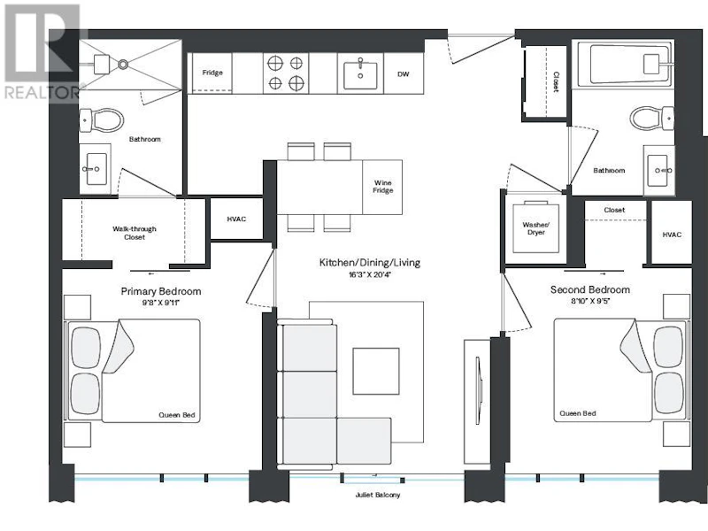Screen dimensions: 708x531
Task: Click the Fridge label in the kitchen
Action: click(212, 73)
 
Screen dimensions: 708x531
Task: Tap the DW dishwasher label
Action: click(404, 74)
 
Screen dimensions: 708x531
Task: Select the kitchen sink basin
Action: click(360, 76)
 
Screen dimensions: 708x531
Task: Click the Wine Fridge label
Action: click(382, 187)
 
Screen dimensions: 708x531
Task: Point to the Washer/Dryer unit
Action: click(535, 228)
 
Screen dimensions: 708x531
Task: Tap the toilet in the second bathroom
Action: click(652, 119)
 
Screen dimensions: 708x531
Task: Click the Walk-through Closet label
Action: click(135, 233)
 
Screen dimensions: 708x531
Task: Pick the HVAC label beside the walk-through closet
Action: click(236, 219)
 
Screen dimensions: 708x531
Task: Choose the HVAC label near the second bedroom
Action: click(672, 235)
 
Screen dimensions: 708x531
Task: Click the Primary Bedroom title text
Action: click(161, 291)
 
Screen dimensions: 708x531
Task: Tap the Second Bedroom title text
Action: click(590, 289)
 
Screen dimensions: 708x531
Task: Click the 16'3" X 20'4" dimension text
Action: click(369, 274)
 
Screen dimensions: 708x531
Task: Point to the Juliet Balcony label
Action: click(378, 495)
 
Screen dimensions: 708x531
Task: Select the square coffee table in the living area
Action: click(376, 371)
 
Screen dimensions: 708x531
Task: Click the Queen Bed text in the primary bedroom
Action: click(176, 415)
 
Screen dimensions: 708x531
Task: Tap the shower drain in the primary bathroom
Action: click(123, 65)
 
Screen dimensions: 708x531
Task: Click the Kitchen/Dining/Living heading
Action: click(370, 262)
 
